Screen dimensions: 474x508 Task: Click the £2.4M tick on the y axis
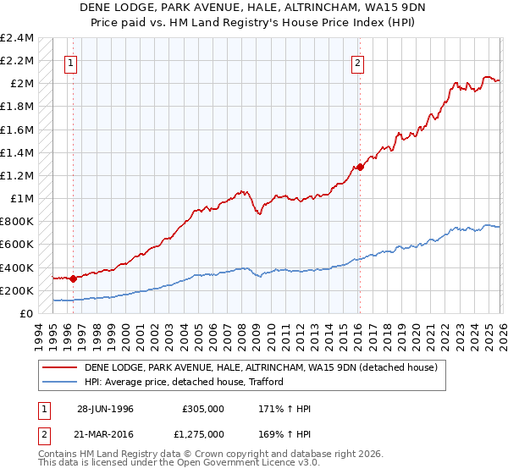click(x=17, y=38)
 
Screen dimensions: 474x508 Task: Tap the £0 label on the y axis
click(x=25, y=314)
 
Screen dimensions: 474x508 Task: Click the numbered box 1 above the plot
click(x=70, y=62)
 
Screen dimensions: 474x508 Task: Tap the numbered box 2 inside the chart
click(x=358, y=62)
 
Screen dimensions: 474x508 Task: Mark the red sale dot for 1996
click(x=74, y=278)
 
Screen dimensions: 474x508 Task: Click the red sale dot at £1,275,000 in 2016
click(x=360, y=167)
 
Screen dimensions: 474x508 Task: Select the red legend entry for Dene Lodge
click(x=261, y=367)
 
